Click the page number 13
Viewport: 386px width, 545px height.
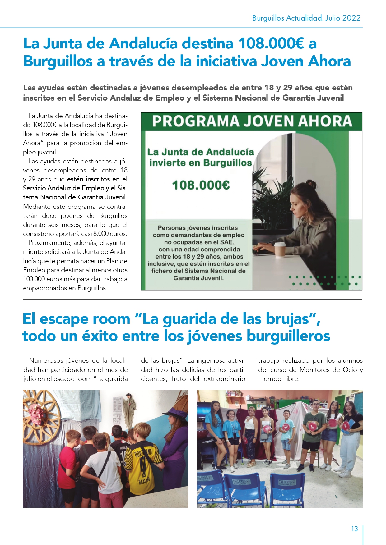[355, 529]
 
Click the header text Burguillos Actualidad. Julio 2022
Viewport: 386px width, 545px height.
[306, 18]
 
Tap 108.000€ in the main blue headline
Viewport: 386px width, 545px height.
[271, 44]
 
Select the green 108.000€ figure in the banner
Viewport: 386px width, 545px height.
[201, 185]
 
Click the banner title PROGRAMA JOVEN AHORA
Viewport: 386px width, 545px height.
[252, 121]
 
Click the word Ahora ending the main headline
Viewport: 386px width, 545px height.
[329, 61]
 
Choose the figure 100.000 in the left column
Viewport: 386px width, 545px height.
[34, 279]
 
